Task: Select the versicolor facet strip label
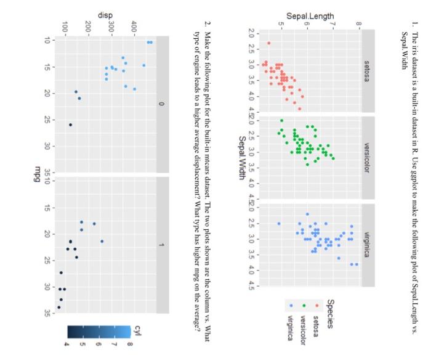368,156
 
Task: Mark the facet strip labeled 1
162,245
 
